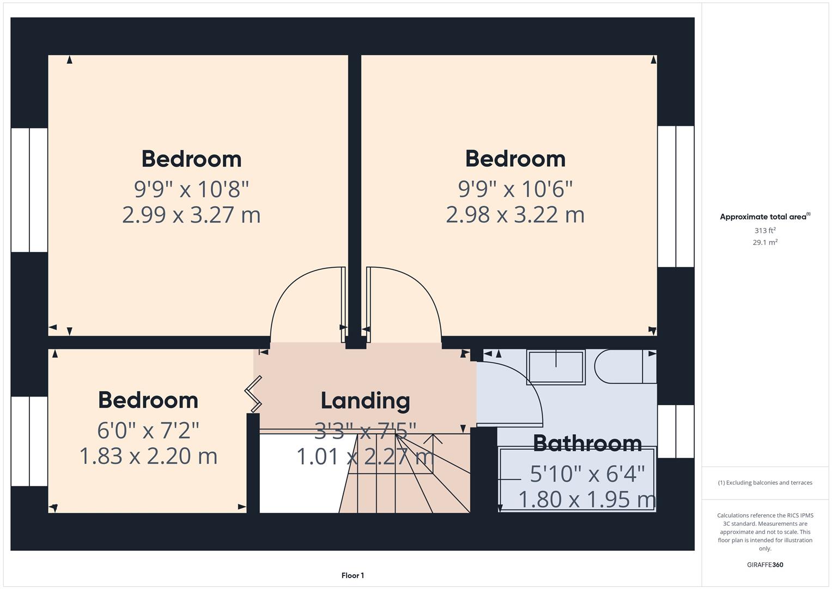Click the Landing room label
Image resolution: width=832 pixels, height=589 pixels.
coord(365,401)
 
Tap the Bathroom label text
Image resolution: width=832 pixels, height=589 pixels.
coord(587,443)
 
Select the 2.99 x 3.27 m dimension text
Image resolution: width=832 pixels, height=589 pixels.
coord(191,214)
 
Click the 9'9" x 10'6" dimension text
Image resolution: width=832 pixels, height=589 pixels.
coord(515,189)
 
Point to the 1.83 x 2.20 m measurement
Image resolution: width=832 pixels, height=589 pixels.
coord(148,456)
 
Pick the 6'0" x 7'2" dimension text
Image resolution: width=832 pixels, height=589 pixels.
coord(148,430)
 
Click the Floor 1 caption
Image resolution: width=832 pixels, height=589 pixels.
coord(353,575)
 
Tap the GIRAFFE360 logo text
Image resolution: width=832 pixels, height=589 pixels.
coord(764,564)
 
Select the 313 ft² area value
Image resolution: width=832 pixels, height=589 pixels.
coord(764,231)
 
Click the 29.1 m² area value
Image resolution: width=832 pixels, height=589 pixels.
coord(764,242)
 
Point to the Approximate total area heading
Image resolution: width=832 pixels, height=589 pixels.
coord(764,217)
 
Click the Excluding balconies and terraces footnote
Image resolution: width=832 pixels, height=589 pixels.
coord(765,483)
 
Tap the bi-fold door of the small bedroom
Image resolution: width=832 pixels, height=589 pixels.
coord(254,394)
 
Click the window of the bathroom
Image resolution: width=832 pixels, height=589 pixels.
coord(676,431)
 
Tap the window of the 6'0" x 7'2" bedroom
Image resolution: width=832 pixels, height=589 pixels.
coord(29,441)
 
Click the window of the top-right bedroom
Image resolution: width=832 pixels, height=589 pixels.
coord(676,196)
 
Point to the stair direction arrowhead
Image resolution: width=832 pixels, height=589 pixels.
coord(433,438)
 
